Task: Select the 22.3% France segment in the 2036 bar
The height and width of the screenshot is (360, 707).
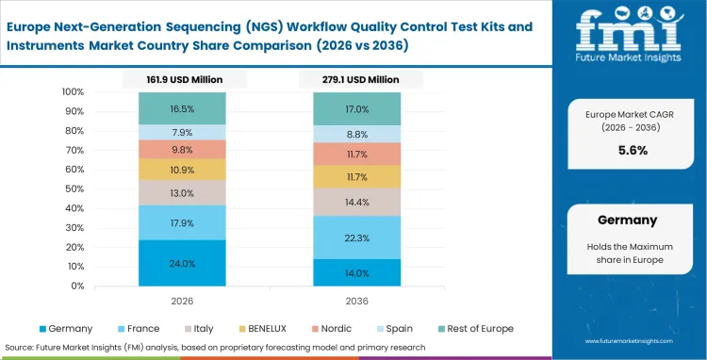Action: click(x=356, y=237)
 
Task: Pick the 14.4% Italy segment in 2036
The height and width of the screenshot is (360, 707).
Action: click(x=356, y=202)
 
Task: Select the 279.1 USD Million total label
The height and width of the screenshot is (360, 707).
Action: click(x=356, y=80)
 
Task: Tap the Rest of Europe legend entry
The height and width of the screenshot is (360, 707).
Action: click(x=476, y=328)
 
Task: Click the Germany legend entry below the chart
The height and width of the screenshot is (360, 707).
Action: click(x=65, y=328)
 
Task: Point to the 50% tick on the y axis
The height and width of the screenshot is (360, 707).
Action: click(x=73, y=188)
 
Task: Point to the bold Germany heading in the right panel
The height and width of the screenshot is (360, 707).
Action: click(x=627, y=220)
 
